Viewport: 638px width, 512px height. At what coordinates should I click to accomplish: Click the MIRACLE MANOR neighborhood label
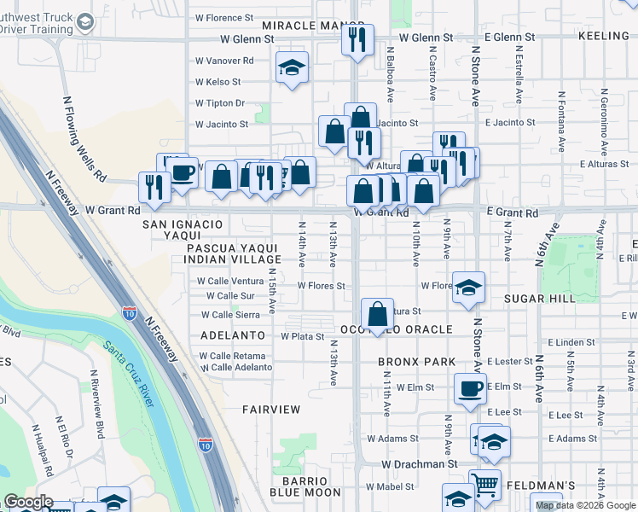(302, 26)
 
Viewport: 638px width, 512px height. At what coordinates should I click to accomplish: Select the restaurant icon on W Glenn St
(357, 39)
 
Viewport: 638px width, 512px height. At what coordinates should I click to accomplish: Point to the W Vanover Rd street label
(224, 61)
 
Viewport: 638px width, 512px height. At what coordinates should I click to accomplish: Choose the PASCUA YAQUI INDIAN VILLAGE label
(233, 253)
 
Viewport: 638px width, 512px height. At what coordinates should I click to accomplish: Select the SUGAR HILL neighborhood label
(539, 298)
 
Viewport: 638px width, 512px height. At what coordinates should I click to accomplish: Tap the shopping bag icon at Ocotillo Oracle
(376, 313)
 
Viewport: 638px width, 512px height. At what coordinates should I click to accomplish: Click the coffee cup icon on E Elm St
(469, 389)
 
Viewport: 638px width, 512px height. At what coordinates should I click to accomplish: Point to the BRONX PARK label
(418, 362)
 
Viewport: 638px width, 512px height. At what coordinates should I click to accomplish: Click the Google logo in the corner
(28, 502)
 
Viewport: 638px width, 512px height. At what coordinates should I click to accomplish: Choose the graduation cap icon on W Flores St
(468, 288)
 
